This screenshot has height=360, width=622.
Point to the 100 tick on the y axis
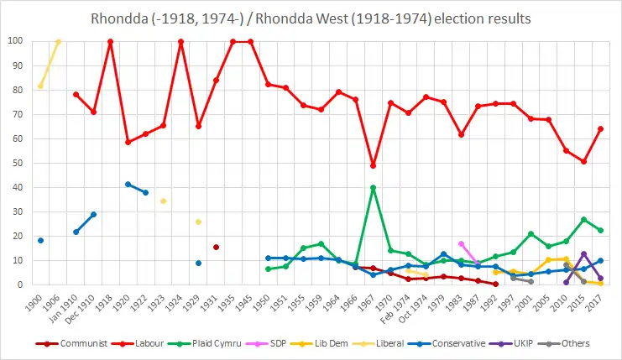16,41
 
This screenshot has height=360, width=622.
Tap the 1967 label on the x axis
373,300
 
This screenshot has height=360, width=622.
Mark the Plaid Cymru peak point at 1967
373,187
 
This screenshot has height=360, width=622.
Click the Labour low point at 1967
373,165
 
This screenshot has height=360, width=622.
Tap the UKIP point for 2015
583,253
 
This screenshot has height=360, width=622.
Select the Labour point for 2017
601,128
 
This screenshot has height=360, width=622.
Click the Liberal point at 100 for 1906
58,41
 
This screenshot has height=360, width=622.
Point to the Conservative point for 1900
40,241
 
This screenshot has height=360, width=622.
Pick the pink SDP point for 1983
461,243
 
